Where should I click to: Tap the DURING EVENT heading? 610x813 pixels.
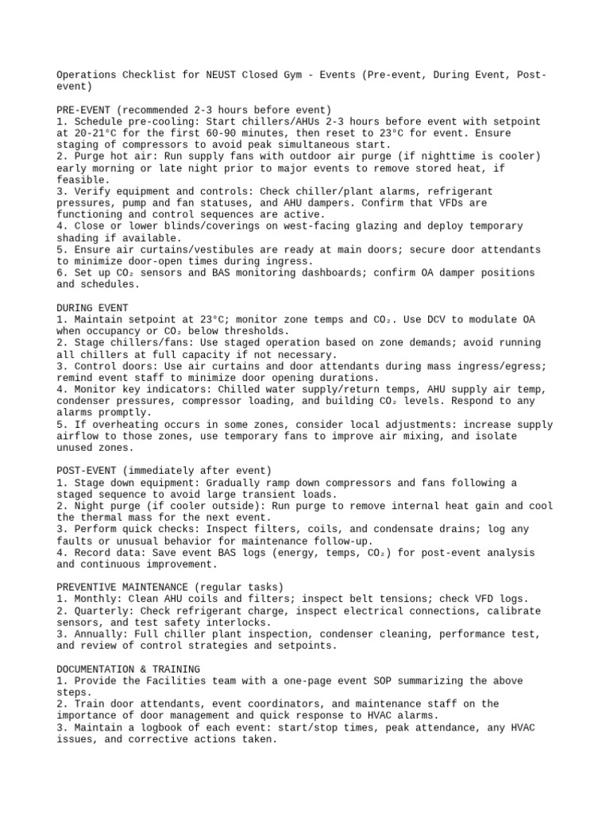(x=92, y=306)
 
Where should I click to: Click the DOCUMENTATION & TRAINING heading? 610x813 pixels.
(x=129, y=669)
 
